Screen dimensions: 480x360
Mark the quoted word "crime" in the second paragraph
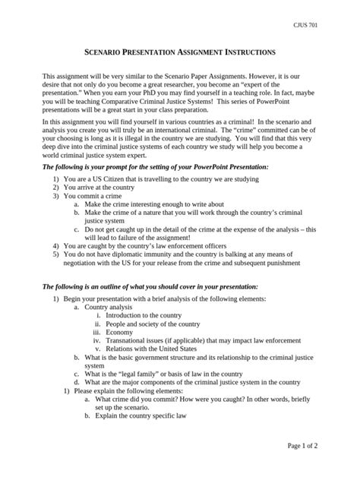tap(219, 129)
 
